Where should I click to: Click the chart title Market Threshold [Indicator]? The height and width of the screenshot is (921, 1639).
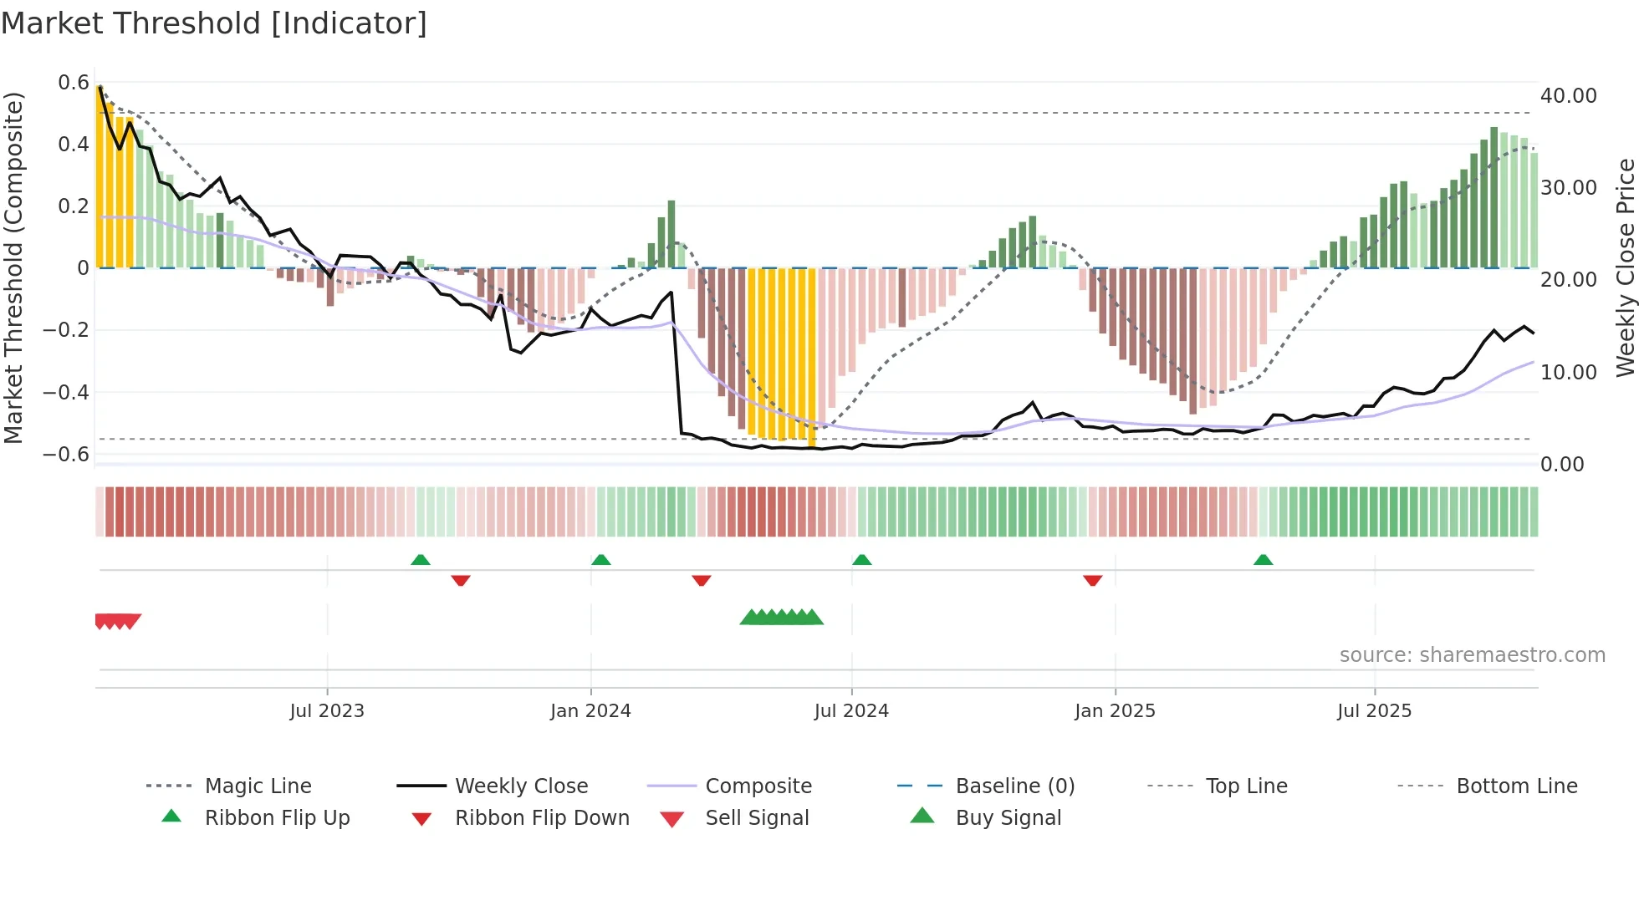(x=214, y=23)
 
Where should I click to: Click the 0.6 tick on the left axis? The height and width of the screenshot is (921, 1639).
(x=74, y=83)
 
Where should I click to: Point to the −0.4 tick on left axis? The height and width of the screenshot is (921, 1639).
(x=67, y=392)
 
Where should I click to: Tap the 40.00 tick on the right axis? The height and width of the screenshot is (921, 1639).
(x=1568, y=96)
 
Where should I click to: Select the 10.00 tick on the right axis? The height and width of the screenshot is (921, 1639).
(x=1568, y=372)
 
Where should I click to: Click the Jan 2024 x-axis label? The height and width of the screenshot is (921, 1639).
(x=590, y=711)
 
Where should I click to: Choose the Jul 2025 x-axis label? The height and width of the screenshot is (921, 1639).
(x=1374, y=711)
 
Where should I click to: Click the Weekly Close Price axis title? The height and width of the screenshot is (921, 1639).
(x=1625, y=267)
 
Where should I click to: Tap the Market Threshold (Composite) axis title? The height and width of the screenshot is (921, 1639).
(x=13, y=267)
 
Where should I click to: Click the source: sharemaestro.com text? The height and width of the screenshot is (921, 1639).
(x=1472, y=655)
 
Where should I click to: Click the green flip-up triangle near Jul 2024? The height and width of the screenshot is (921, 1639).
(x=862, y=560)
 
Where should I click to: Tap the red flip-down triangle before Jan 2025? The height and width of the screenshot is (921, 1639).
(x=1092, y=580)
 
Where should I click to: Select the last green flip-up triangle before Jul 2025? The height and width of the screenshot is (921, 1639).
(x=1263, y=560)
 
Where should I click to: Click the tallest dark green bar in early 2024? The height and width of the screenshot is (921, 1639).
(x=671, y=234)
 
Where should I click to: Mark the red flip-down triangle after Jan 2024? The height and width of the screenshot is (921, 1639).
(x=702, y=580)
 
